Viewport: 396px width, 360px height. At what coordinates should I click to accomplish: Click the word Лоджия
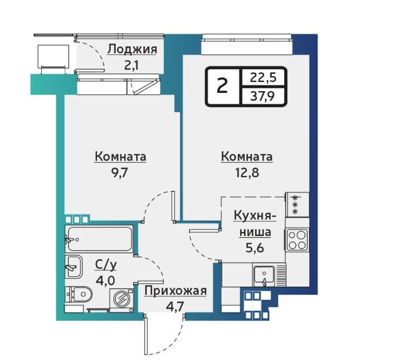tap(132, 50)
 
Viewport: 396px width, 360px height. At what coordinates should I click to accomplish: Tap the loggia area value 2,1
tap(132, 66)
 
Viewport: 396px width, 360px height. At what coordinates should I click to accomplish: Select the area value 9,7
tap(120, 173)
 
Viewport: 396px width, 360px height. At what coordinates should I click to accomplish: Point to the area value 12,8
tap(247, 173)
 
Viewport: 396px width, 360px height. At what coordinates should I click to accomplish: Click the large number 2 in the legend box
tap(222, 86)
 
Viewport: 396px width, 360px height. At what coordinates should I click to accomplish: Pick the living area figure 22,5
tap(263, 77)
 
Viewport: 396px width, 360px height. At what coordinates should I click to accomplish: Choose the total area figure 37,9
tap(262, 96)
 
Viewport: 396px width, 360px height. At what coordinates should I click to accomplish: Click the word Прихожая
tap(175, 291)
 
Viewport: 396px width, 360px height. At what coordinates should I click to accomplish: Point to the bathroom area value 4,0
tap(105, 280)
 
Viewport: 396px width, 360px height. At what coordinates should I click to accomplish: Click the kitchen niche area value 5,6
tap(255, 248)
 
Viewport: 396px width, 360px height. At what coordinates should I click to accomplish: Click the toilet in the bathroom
tap(79, 294)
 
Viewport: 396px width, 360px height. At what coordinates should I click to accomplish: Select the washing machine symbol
tap(121, 300)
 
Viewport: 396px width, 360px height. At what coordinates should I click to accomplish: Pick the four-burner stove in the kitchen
tap(297, 239)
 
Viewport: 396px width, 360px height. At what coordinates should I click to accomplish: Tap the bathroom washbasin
tap(73, 267)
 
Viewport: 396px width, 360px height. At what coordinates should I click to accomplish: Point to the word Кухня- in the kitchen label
tap(255, 217)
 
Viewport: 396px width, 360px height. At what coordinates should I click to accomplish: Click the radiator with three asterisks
tap(297, 205)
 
